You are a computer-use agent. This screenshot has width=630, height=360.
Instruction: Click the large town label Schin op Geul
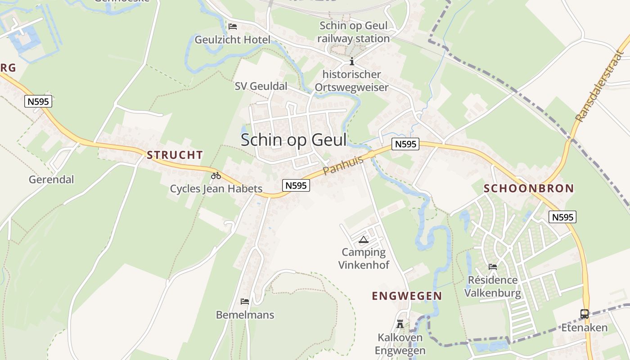(293, 140)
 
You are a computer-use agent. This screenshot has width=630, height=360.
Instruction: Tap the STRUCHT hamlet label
(175, 155)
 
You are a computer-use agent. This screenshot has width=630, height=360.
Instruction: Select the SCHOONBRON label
(529, 189)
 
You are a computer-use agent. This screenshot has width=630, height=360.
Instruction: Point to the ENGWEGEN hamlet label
(407, 296)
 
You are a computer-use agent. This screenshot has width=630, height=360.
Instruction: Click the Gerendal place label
(51, 180)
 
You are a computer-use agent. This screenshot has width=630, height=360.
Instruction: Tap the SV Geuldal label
(261, 86)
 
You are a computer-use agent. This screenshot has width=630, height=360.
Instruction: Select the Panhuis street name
(343, 166)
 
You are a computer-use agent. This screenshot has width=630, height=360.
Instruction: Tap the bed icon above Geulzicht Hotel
(233, 27)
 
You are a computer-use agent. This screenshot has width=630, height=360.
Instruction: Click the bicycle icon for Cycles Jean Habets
(216, 175)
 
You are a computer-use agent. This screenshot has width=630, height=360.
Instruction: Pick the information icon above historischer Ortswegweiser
(352, 62)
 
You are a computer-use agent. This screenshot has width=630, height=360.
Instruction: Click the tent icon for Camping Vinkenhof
(364, 239)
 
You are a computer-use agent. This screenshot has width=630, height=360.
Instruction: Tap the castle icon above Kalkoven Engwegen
(400, 324)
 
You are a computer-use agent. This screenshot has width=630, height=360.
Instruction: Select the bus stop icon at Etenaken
(585, 314)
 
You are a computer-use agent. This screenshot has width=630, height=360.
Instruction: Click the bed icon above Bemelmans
(245, 301)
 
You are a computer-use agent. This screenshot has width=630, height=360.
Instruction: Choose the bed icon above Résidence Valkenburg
(493, 266)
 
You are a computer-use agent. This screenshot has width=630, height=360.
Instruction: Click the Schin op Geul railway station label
(353, 32)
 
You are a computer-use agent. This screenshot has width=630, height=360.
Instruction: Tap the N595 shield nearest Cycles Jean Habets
(296, 185)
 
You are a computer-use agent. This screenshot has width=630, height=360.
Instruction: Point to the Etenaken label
(584, 328)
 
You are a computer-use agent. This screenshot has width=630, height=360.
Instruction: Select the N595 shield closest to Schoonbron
(562, 217)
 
